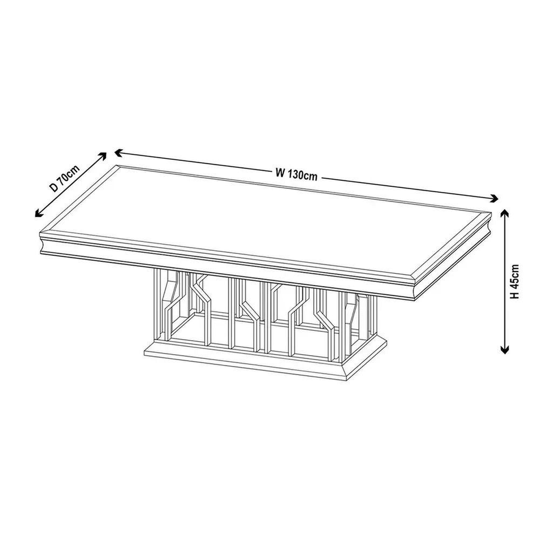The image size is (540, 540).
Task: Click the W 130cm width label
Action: point(296,174)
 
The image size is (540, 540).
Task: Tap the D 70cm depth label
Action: point(64,178)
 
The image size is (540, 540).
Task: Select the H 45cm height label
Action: point(515,281)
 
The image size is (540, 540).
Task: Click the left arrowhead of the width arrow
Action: point(118,152)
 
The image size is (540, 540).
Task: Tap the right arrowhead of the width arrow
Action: point(495,198)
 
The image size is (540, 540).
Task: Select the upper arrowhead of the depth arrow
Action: point(103,156)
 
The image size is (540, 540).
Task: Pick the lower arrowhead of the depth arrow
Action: point(38,214)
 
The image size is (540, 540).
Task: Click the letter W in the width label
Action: point(280,172)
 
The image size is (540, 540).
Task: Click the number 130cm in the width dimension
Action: point(302,175)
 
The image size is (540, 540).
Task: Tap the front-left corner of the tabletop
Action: point(40,233)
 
